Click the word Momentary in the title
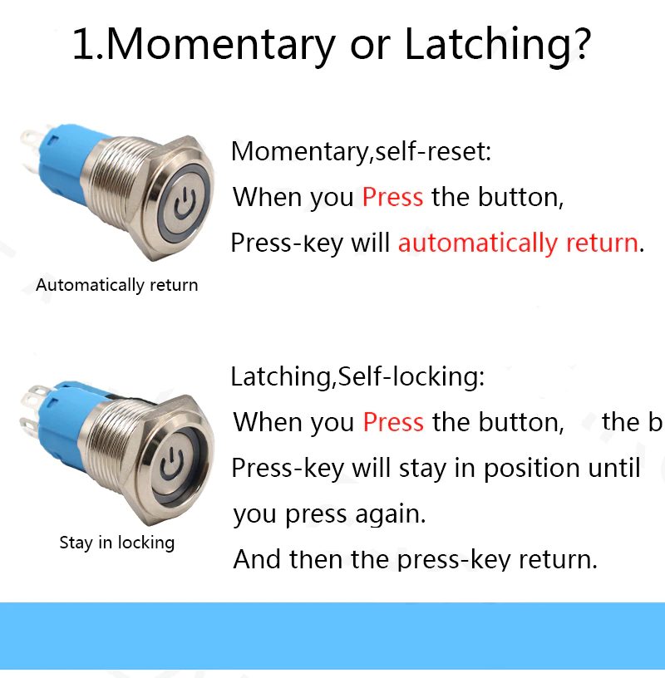[220, 45]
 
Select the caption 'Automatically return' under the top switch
[117, 285]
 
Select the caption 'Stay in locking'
[117, 543]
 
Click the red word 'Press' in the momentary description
[392, 197]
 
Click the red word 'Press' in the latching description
[393, 422]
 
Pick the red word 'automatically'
[478, 243]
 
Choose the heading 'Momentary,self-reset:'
[362, 152]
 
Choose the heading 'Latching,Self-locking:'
[357, 376]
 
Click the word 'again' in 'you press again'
[390, 515]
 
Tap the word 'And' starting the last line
[257, 559]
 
